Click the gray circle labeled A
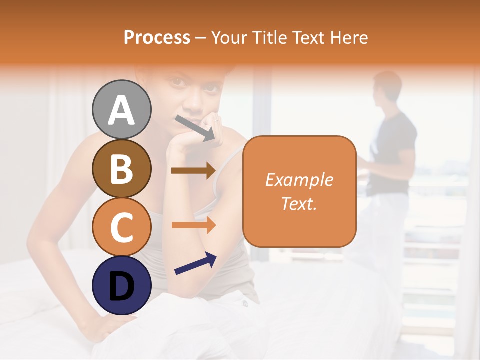122,110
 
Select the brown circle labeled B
122,168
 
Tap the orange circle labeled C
122,227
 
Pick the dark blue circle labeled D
122,285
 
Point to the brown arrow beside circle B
193,171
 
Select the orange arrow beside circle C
193,225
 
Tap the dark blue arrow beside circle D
195,263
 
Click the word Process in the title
157,37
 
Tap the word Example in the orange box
299,180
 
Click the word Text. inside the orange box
299,203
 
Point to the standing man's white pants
385,235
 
